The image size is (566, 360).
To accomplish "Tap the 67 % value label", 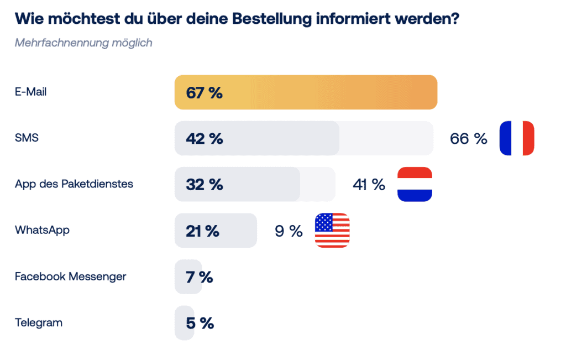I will [205, 93].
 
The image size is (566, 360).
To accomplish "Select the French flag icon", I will [517, 138].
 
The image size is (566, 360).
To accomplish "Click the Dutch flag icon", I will [415, 184].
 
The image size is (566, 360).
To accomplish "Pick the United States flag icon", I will [332, 230].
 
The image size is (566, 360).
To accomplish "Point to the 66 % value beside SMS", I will [469, 139].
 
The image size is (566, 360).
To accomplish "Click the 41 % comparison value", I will [369, 185].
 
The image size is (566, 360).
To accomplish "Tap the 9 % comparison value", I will [289, 231].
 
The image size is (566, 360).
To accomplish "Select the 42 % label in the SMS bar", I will [205, 139].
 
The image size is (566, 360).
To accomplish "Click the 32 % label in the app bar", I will [205, 185].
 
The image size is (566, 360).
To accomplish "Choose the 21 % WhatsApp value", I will [203, 231].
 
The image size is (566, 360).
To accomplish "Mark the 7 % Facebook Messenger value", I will [200, 277].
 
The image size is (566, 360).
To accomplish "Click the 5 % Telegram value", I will [200, 323].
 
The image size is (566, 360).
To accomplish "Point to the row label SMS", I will [27, 138].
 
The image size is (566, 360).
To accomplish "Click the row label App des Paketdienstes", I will [74, 184].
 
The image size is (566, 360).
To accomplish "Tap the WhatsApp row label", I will [42, 230].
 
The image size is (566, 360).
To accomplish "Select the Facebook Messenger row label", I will [70, 276].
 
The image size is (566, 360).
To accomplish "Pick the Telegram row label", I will [38, 322].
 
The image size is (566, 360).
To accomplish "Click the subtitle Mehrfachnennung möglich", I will [83, 43].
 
